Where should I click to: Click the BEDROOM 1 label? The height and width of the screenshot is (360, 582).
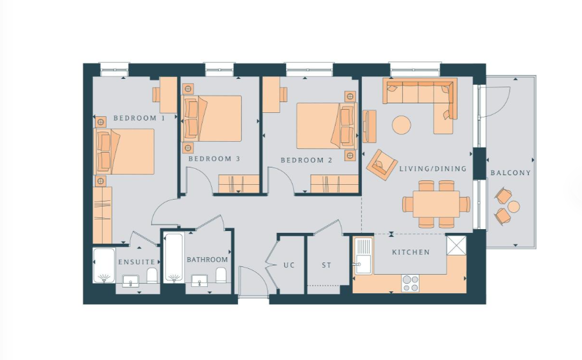click(139, 118)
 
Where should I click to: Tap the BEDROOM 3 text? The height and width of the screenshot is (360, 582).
click(214, 159)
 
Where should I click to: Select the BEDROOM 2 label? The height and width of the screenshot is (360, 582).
click(307, 160)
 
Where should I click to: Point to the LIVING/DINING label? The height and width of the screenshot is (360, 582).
click(432, 169)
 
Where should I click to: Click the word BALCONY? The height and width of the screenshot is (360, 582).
click(511, 173)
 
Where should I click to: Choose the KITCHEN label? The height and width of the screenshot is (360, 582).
click(411, 252)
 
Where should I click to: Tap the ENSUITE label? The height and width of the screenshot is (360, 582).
click(137, 262)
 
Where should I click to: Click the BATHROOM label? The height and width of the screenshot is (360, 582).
click(207, 260)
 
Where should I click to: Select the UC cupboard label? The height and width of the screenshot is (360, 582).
click(289, 266)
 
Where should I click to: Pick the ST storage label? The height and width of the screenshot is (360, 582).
click(326, 266)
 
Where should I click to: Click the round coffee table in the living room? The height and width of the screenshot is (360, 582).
click(402, 125)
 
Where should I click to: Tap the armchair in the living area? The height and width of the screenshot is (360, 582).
click(382, 165)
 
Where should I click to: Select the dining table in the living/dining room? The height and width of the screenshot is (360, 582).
click(436, 204)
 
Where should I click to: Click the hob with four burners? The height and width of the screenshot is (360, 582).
click(411, 283)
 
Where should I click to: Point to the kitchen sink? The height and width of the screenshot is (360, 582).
click(363, 256)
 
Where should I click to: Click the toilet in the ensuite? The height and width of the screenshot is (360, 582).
click(152, 275)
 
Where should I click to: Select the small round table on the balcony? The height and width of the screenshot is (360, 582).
click(514, 207)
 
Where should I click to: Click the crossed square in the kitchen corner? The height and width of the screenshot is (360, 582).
click(456, 245)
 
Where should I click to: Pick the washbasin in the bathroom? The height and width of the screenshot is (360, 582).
click(200, 281)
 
